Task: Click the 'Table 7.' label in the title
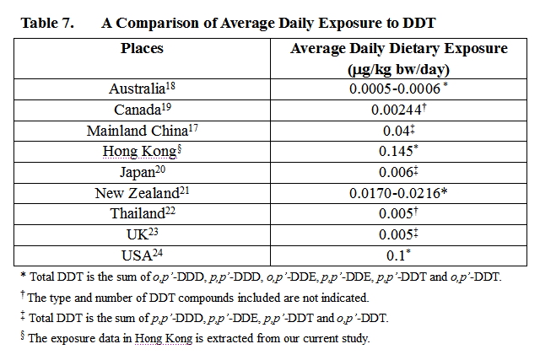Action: pos(47,23)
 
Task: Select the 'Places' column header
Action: pos(142,49)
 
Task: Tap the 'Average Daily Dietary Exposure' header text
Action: pos(398,49)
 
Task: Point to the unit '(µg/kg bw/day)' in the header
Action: pos(398,68)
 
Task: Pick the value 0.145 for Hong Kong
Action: pos(396,151)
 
